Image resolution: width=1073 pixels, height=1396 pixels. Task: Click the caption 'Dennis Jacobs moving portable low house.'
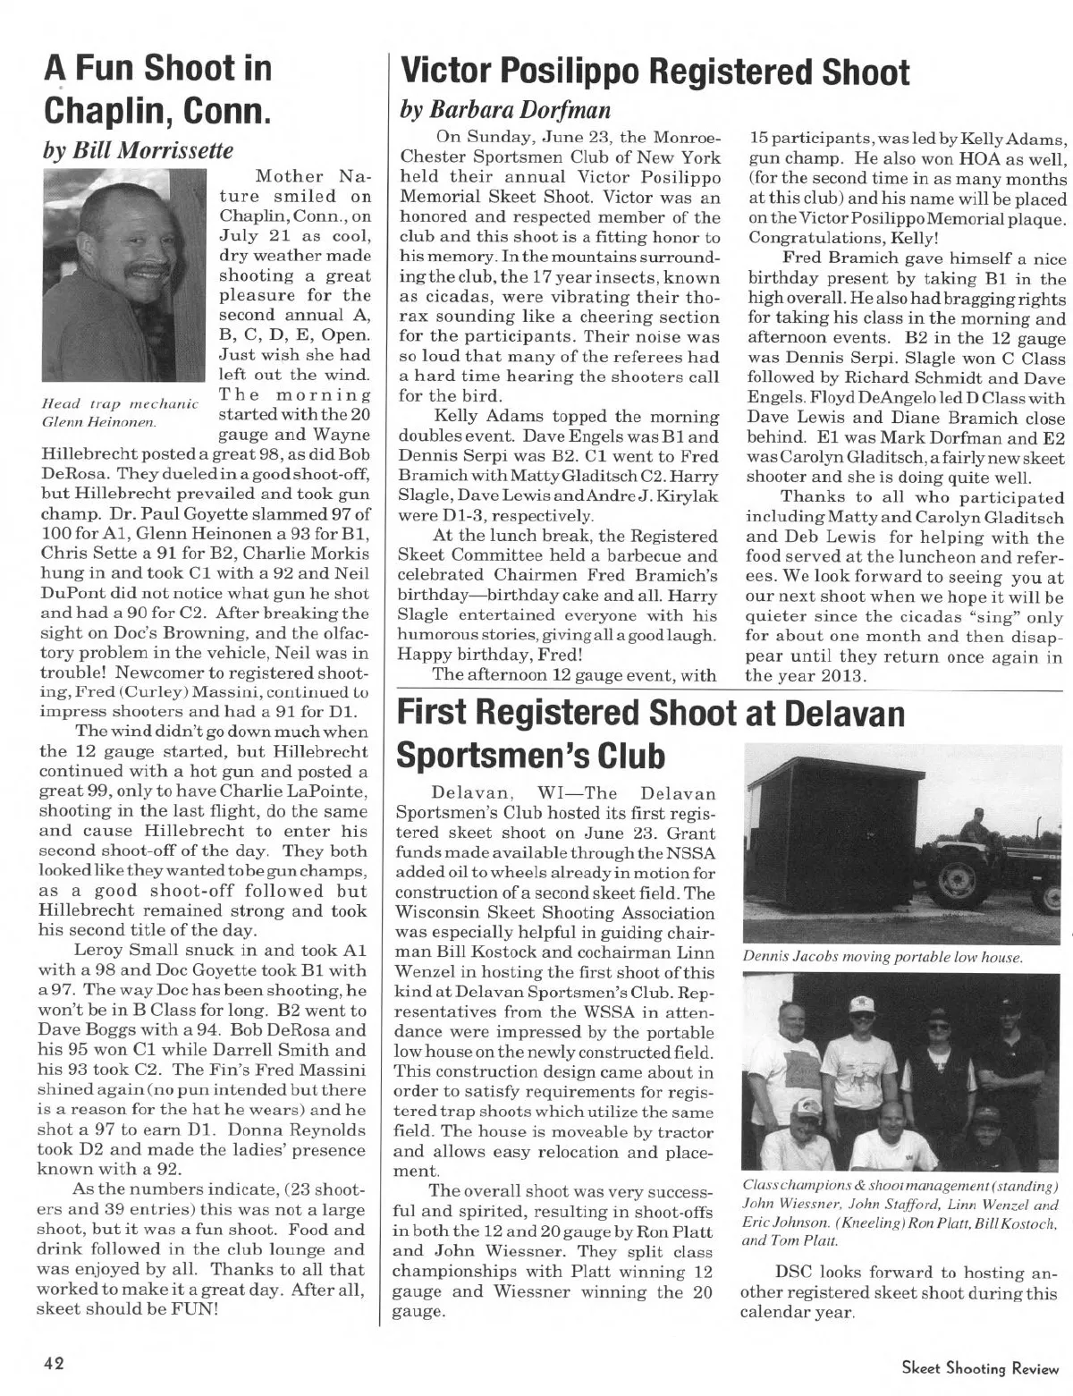(x=883, y=958)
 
